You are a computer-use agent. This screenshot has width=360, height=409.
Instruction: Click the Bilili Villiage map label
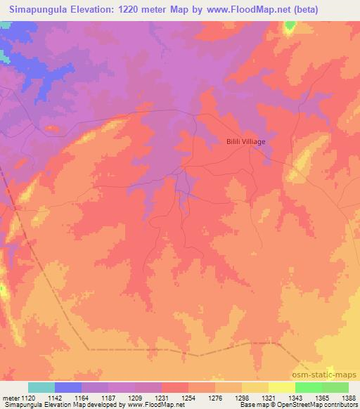[x=245, y=141]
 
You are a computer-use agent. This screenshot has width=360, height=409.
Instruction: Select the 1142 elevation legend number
[x=56, y=398]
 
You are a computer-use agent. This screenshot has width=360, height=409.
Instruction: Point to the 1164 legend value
[x=82, y=398]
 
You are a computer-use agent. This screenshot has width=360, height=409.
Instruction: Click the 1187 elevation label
[x=109, y=398]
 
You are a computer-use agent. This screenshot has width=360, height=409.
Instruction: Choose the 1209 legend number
[x=136, y=398]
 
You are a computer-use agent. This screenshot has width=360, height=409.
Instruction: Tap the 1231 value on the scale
[x=162, y=398]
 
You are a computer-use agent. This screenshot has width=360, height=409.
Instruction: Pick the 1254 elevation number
[x=189, y=398]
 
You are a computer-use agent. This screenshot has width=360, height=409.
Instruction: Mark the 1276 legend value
[x=216, y=398]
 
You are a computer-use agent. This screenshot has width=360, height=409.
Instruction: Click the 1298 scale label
[x=243, y=398]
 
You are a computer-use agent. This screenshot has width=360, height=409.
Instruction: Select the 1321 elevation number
[x=269, y=398]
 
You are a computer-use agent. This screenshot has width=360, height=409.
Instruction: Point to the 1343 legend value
[x=296, y=398]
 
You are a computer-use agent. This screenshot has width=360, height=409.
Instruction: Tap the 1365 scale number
[x=323, y=398]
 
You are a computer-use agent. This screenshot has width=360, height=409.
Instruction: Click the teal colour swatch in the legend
[x=41, y=387]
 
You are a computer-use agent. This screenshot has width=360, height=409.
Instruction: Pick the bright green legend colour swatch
[x=309, y=387]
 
